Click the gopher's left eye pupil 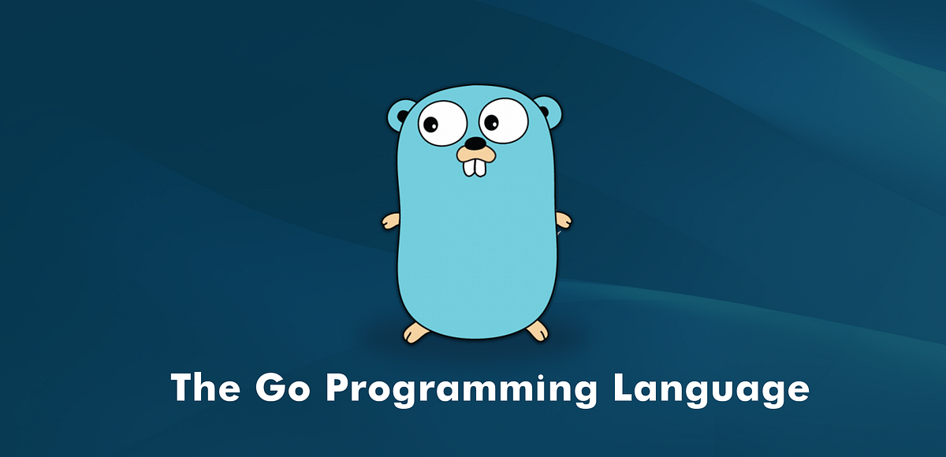pyautogui.click(x=430, y=124)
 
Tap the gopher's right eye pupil pyautogui.click(x=491, y=123)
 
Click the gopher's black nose pyautogui.click(x=475, y=144)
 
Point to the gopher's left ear pyautogui.click(x=400, y=115)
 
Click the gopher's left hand pyautogui.click(x=391, y=221)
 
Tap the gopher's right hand pyautogui.click(x=562, y=220)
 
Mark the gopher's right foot pyautogui.click(x=537, y=331)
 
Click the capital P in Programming pyautogui.click(x=341, y=388)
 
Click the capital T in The pyautogui.click(x=182, y=388)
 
